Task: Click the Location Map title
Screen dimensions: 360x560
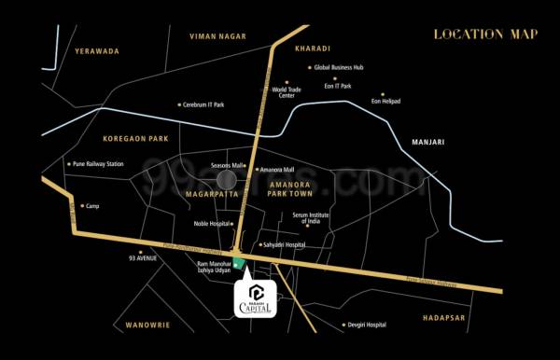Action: click(x=485, y=35)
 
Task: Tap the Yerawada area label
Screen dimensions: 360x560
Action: click(x=99, y=51)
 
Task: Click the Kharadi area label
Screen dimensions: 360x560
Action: click(x=313, y=47)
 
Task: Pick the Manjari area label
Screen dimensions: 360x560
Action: click(x=428, y=143)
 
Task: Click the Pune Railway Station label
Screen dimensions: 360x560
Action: click(x=96, y=164)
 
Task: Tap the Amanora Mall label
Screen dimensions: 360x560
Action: click(x=276, y=170)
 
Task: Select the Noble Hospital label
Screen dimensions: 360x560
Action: click(x=213, y=224)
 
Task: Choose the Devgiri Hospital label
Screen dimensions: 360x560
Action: click(x=365, y=325)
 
